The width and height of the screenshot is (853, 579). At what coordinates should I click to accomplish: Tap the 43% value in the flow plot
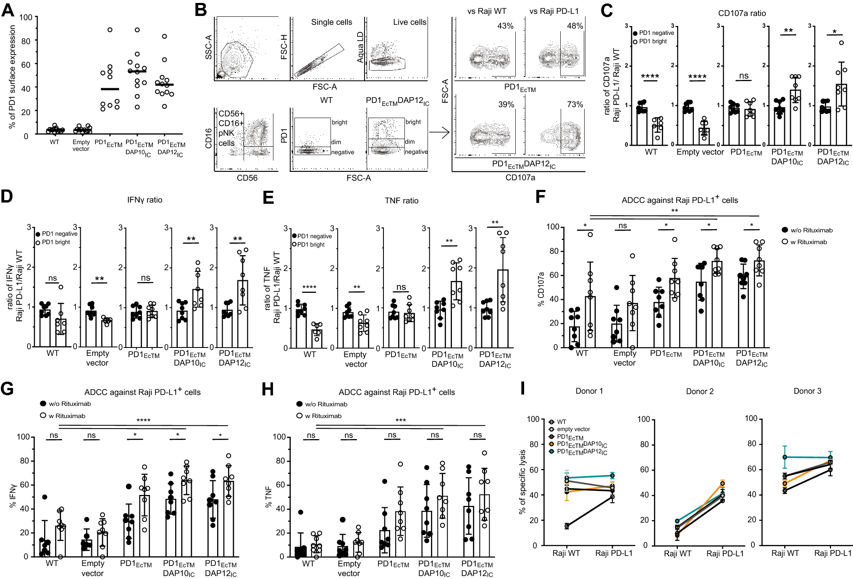(x=505, y=26)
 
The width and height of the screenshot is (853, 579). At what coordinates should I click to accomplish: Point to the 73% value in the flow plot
(x=575, y=105)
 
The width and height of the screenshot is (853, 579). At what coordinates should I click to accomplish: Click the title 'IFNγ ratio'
(x=144, y=200)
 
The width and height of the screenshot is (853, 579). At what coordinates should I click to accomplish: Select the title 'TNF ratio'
(x=402, y=201)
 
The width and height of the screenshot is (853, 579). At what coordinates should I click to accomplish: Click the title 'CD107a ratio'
(x=742, y=13)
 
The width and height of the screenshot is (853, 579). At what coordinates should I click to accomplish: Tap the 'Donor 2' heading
(x=700, y=392)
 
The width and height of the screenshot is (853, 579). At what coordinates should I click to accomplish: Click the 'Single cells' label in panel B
(x=331, y=22)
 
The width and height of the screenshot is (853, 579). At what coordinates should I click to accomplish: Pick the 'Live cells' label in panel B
(x=409, y=22)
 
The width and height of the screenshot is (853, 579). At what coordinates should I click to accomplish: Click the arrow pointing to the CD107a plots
(x=439, y=133)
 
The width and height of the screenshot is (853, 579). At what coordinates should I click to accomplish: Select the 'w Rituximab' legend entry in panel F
(x=808, y=242)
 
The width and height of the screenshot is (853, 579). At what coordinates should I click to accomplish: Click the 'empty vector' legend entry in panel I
(x=573, y=429)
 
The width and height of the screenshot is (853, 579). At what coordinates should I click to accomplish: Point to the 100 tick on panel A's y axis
(x=26, y=18)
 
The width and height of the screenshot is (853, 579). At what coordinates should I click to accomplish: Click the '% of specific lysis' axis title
(x=522, y=482)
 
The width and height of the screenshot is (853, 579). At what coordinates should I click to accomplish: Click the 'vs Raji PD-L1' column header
(x=554, y=11)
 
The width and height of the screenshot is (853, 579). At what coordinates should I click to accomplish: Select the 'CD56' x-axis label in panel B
(x=247, y=178)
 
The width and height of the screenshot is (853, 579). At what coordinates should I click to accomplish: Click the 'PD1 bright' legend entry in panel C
(x=653, y=42)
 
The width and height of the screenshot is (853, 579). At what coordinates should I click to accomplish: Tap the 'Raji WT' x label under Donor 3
(x=785, y=553)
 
